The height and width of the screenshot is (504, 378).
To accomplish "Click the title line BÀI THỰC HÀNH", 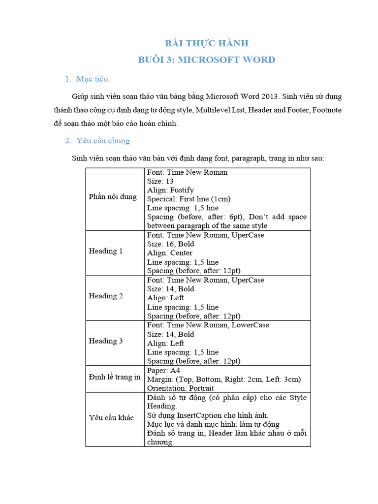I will tap(206, 43).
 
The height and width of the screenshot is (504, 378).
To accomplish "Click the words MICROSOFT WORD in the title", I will tap(226, 60).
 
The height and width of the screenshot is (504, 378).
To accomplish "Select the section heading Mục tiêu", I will tap(92, 79).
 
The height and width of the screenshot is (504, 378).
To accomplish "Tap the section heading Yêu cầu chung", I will tap(103, 141).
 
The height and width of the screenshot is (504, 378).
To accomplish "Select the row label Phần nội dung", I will tap(113, 197).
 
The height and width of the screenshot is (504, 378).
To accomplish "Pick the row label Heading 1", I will tap(106, 251).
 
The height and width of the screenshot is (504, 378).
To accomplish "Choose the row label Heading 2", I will tap(106, 296).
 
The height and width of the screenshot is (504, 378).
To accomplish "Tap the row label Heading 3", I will tap(106, 341).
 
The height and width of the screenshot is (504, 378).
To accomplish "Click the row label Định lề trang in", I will tap(115, 377).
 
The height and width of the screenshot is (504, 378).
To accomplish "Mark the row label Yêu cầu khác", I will tap(111, 417).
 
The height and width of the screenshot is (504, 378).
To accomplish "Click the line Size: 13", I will tap(160, 181).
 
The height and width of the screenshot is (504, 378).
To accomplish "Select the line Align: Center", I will tap(170, 253).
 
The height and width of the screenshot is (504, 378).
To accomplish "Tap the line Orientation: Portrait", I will tap(180, 388).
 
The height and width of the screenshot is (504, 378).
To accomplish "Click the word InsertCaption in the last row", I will tap(200, 415).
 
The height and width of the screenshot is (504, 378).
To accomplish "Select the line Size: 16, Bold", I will tap(170, 244).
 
